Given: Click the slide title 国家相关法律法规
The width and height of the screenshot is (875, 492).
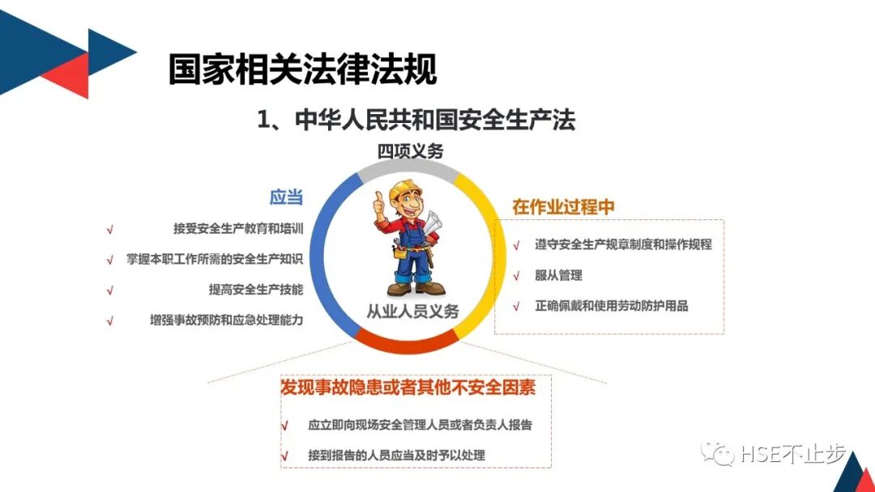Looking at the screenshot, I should (x=302, y=69).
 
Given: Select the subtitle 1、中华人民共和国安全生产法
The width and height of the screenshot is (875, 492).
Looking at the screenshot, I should (x=416, y=121).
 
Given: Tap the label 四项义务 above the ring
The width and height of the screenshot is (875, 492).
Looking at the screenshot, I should (x=410, y=151).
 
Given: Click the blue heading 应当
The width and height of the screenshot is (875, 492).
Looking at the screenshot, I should (x=286, y=197).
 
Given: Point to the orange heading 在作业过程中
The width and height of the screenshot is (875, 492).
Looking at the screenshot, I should (x=563, y=206).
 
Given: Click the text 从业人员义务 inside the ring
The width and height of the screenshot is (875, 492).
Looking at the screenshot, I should (x=413, y=311).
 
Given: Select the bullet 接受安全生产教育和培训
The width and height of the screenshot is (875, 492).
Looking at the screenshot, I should (x=238, y=229).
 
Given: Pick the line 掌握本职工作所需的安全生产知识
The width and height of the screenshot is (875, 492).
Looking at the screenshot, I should (x=215, y=260).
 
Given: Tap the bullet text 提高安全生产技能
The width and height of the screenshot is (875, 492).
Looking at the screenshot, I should (x=256, y=290).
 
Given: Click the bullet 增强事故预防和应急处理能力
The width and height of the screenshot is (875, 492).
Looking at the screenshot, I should (x=226, y=320).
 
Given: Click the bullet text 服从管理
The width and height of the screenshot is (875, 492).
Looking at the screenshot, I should (x=558, y=275).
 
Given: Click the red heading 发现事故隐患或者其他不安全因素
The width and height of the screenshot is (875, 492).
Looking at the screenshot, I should (x=408, y=388).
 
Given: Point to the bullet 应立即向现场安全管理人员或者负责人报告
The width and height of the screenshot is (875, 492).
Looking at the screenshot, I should (x=420, y=424).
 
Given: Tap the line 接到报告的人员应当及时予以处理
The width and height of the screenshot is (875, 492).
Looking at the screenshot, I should (x=396, y=455).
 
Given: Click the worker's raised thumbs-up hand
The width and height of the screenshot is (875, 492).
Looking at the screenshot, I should (x=378, y=204).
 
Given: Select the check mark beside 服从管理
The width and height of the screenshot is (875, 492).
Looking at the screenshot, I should (x=516, y=276).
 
